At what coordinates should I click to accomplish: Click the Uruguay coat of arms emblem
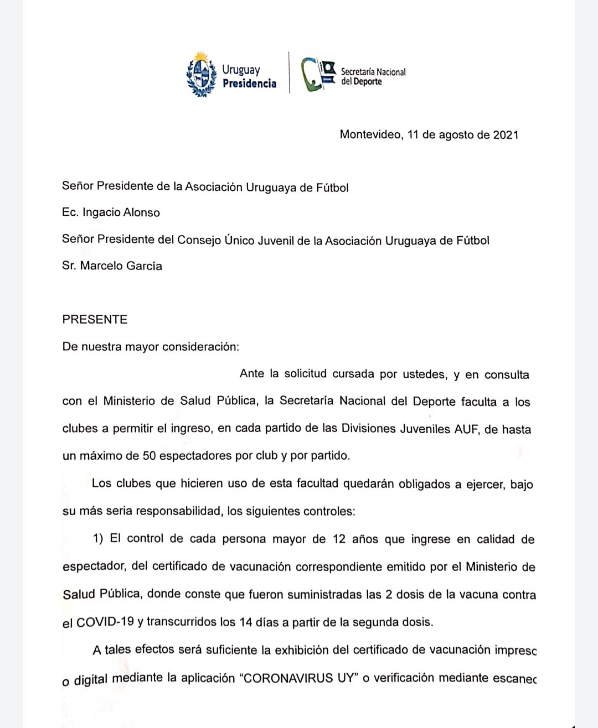[x=201, y=75]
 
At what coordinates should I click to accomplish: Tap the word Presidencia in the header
[x=249, y=84]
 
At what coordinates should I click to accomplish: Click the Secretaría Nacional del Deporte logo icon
[x=318, y=74]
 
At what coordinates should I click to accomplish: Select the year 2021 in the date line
[x=506, y=135]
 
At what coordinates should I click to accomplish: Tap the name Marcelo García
[x=121, y=266]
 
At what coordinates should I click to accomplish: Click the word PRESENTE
[x=95, y=319]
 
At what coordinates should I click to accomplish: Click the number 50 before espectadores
[x=149, y=456]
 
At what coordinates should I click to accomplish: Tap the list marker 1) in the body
[x=98, y=539]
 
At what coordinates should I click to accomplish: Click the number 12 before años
[x=339, y=539]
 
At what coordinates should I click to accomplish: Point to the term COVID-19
[x=105, y=622]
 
